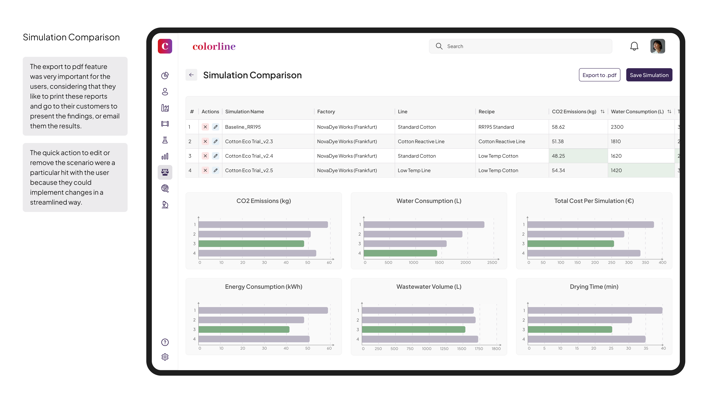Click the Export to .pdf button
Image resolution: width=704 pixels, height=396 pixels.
point(599,75)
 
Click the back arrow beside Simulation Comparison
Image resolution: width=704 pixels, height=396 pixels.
point(191,75)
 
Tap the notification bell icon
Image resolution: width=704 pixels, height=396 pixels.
point(634,46)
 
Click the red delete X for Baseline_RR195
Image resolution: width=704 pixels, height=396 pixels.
point(205,127)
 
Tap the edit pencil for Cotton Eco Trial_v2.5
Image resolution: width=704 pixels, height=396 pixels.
point(216,170)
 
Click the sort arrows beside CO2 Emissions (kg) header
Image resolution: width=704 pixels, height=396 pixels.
point(602,111)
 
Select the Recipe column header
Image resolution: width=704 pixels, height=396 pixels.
point(486,111)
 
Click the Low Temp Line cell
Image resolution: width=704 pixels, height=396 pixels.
point(414,170)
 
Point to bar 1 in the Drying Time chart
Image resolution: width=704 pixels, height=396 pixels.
point(595,310)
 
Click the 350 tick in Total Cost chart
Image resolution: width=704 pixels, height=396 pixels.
point(645,262)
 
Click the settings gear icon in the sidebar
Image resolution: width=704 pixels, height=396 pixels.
point(165,357)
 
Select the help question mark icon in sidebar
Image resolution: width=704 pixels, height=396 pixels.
point(165,342)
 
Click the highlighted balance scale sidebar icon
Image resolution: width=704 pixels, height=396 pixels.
point(165,172)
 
